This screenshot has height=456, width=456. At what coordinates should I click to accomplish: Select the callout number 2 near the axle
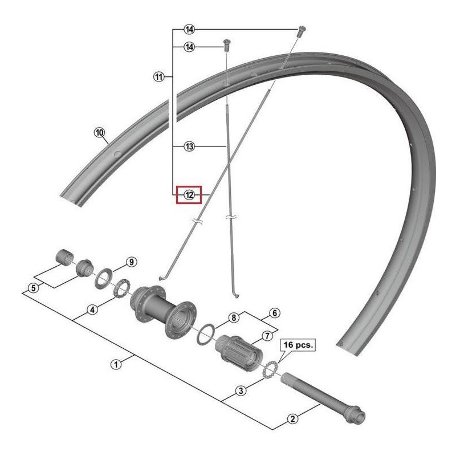pos(292,420)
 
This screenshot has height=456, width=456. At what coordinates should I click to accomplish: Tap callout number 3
pos(241,390)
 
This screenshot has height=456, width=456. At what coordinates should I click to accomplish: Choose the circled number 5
pos(34,288)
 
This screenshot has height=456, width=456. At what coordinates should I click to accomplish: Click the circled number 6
pos(274,313)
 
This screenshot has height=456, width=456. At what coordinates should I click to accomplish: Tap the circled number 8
pos(233,317)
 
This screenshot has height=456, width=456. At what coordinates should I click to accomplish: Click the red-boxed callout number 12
pos(189,195)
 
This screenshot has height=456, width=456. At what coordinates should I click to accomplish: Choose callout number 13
pos(189,147)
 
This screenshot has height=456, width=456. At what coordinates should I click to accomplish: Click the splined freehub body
pos(237,349)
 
